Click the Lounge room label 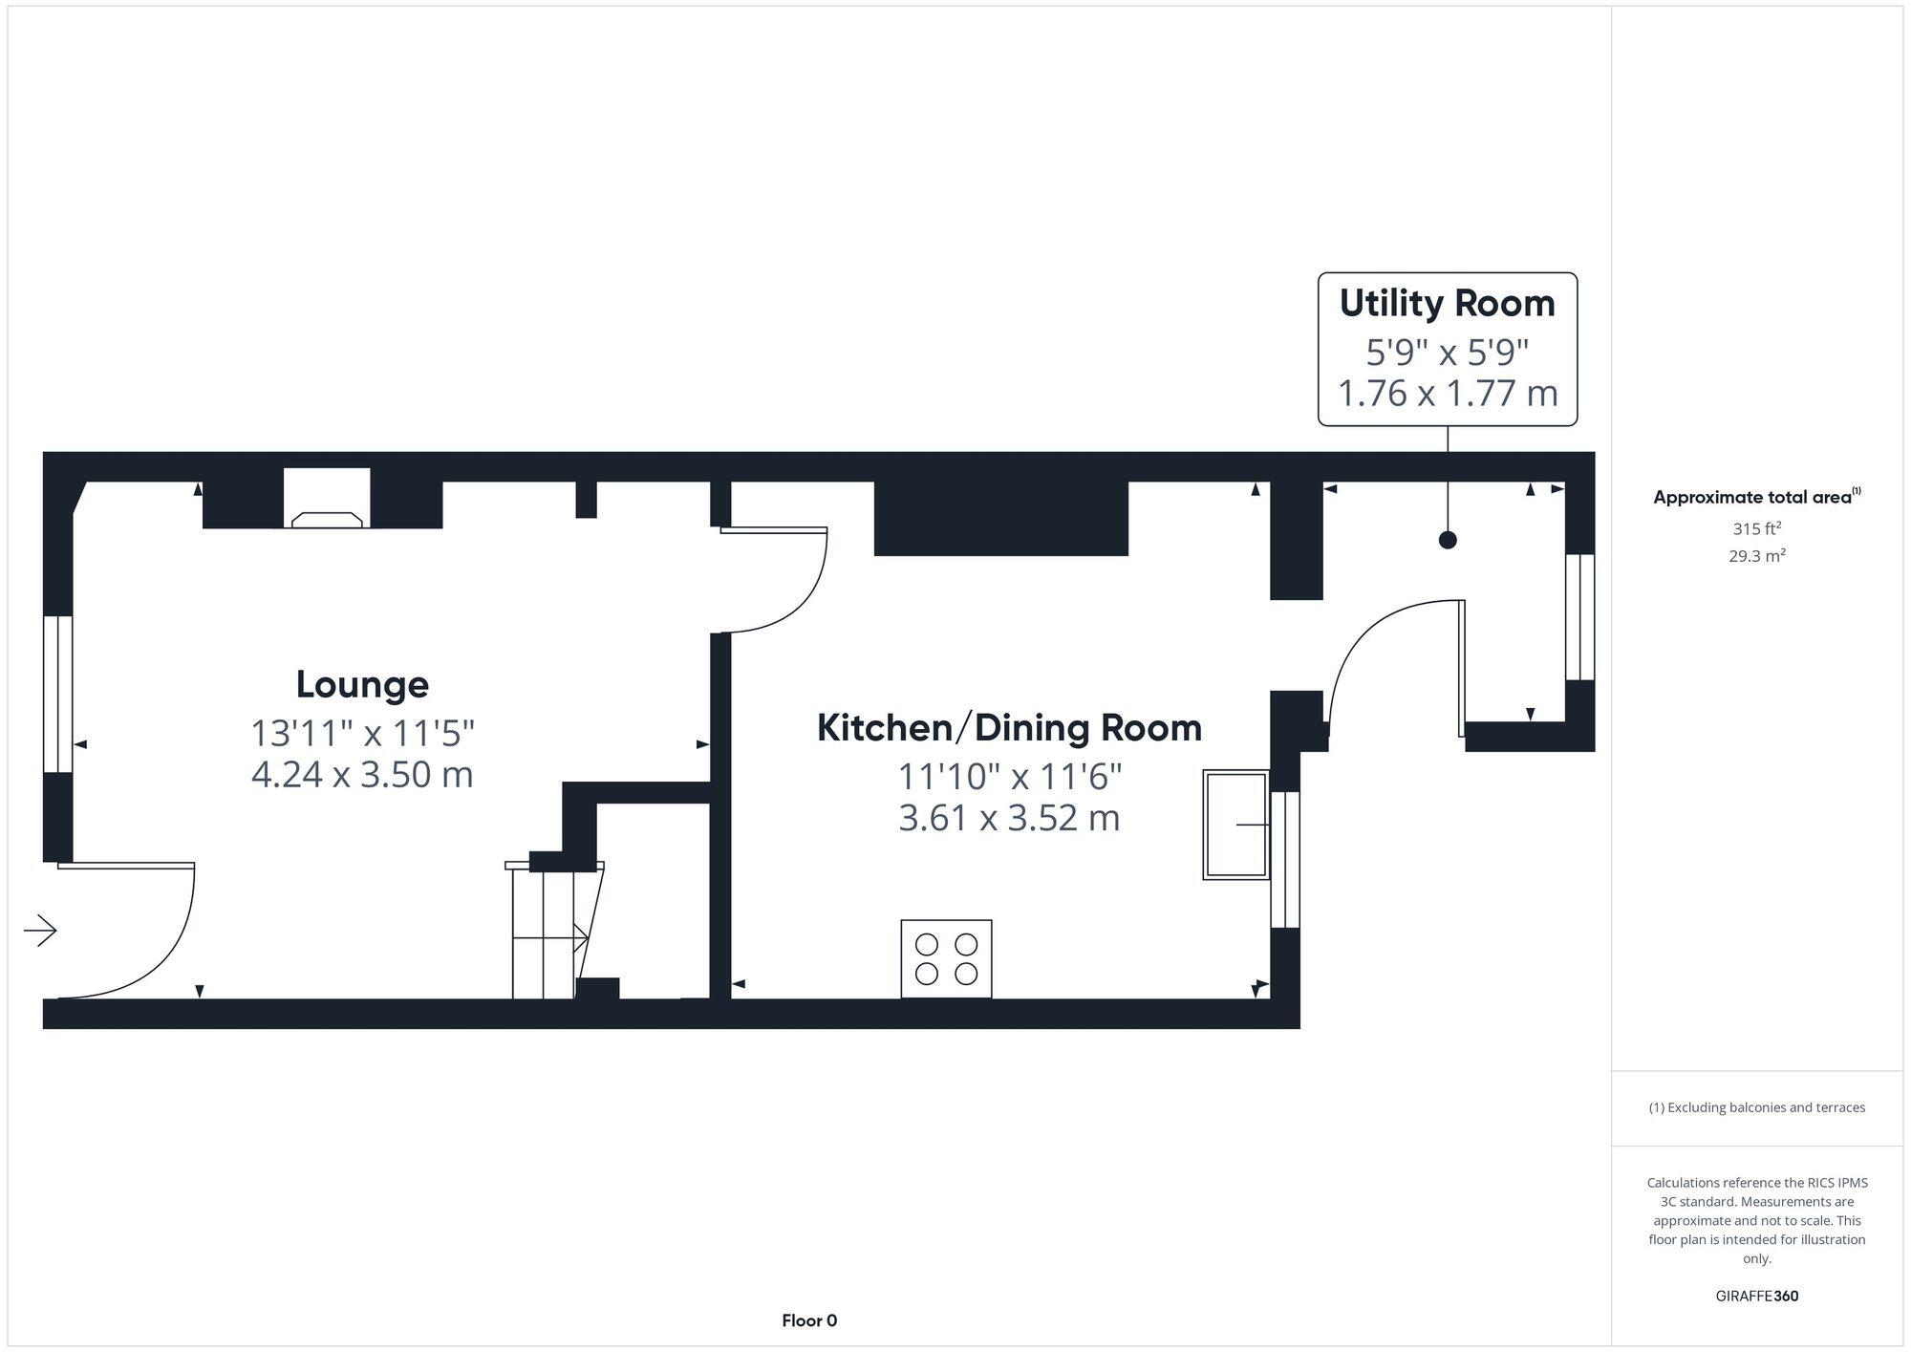pyautogui.click(x=362, y=684)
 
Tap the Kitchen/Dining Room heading pyautogui.click(x=1009, y=728)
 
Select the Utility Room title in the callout pyautogui.click(x=1447, y=303)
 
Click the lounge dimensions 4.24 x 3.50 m pyautogui.click(x=362, y=774)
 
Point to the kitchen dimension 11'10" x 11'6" pyautogui.click(x=1009, y=777)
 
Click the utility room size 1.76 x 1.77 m pyautogui.click(x=1447, y=393)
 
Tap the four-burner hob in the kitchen pyautogui.click(x=946, y=958)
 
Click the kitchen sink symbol pyautogui.click(x=1235, y=825)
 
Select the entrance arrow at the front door pyautogui.click(x=40, y=930)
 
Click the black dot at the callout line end pyautogui.click(x=1448, y=540)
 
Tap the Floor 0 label pyautogui.click(x=809, y=1320)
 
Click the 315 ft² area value pyautogui.click(x=1756, y=528)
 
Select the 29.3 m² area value pyautogui.click(x=1756, y=556)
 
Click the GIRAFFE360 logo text pyautogui.click(x=1756, y=1297)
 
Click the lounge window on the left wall pyautogui.click(x=58, y=694)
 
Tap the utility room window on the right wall pyautogui.click(x=1579, y=617)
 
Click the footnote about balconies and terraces pyautogui.click(x=1756, y=1107)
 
